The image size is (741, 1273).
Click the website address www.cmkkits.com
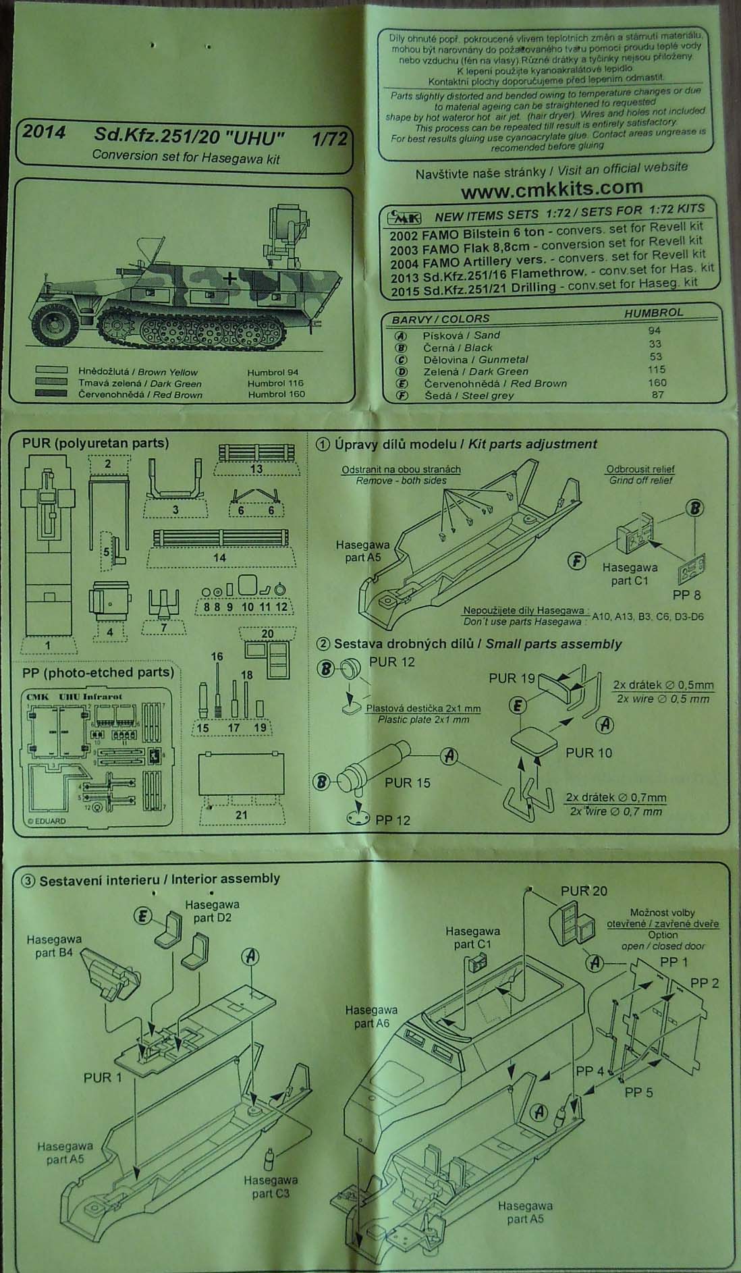(551, 188)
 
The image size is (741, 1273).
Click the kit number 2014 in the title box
(44, 132)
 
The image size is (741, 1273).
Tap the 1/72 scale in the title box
(329, 139)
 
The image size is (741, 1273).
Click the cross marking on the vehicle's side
(231, 277)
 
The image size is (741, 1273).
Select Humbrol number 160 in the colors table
(657, 382)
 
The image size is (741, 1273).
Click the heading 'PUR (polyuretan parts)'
(95, 443)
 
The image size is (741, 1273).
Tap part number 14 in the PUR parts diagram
(219, 558)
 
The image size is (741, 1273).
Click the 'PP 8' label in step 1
(687, 595)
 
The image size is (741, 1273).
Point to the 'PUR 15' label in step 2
(407, 782)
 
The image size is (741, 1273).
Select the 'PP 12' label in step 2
(393, 820)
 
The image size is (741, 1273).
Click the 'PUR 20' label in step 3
(584, 891)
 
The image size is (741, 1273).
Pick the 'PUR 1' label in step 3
(103, 1077)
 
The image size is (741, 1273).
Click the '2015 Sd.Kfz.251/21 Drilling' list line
(543, 286)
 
